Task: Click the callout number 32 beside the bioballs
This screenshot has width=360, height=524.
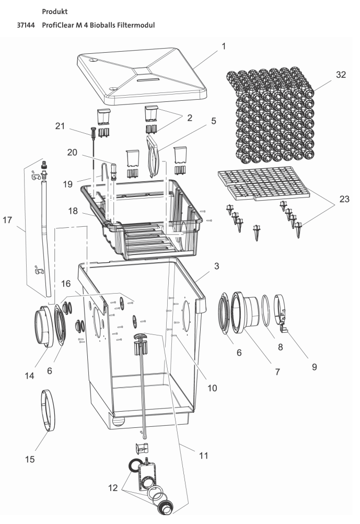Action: click(341, 75)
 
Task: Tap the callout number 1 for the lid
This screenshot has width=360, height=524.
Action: click(223, 47)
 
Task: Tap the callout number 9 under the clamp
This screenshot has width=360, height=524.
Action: click(314, 367)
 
